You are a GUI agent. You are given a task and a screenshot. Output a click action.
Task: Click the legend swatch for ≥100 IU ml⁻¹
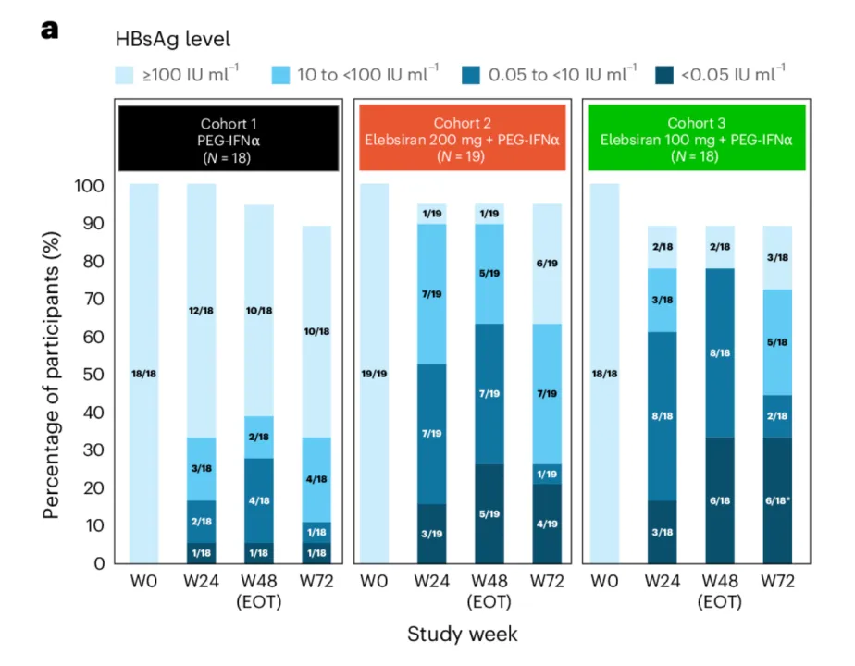click(126, 75)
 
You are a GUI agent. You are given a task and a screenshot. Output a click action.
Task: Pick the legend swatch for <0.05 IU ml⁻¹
click(664, 75)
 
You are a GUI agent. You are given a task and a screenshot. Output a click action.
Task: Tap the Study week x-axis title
click(462, 634)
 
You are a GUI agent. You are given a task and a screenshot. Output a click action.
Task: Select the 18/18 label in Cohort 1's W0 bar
click(144, 374)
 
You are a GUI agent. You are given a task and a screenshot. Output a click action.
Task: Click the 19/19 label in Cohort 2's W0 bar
click(374, 374)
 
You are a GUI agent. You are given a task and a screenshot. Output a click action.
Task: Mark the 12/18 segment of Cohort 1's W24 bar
click(202, 311)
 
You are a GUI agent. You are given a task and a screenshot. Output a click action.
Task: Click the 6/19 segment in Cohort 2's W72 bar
click(549, 264)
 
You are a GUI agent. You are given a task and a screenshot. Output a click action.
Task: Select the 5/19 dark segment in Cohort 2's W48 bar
click(490, 513)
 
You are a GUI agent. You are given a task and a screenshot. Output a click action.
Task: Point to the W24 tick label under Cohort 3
click(663, 582)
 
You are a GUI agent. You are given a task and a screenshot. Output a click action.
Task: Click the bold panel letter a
click(49, 30)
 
